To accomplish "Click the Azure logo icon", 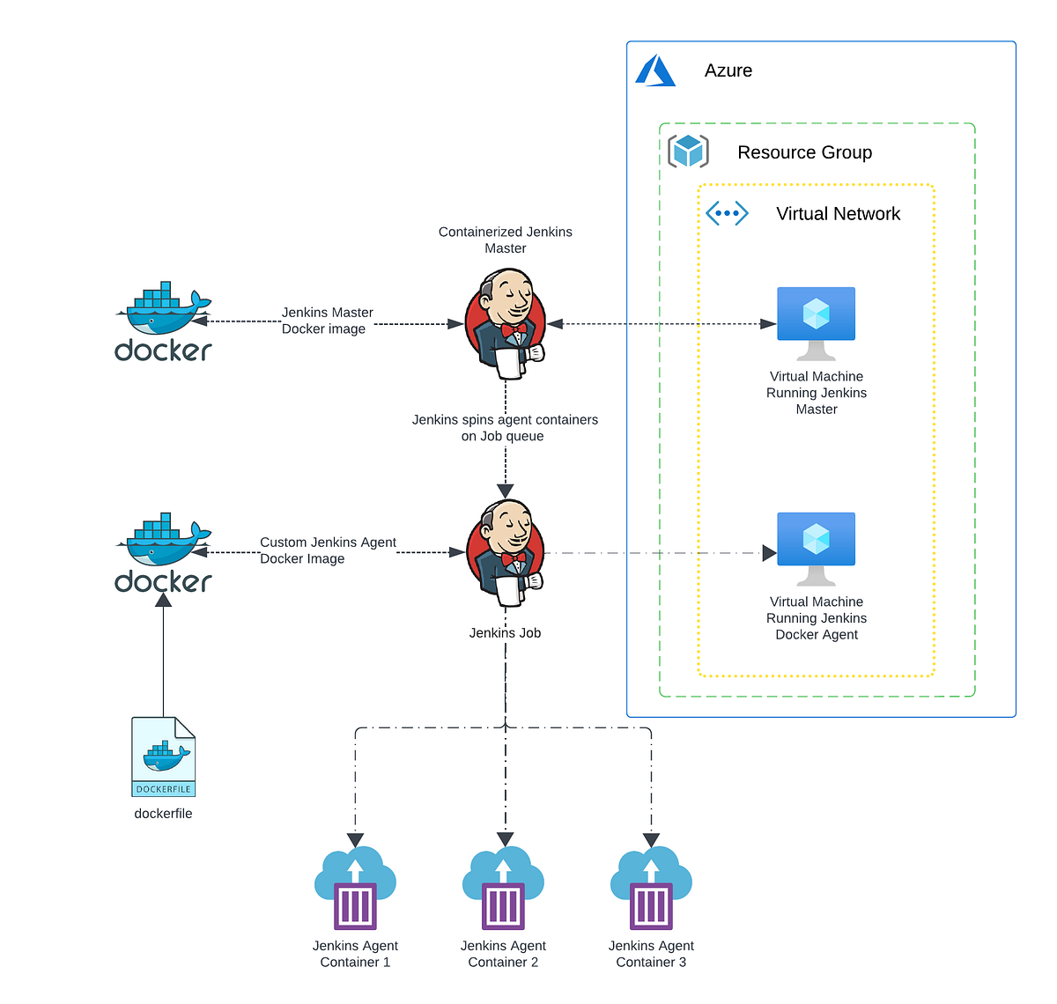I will point(655,70).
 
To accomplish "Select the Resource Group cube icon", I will point(688,151).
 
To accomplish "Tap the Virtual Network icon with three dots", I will point(727,213).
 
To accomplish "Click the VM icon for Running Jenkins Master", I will point(816,321).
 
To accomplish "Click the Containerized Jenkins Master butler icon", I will point(506,323).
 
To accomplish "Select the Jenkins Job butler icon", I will point(506,553).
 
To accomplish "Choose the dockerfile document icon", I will point(164,757).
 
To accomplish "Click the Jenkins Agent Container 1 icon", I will point(355,889).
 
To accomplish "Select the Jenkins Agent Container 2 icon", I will point(503,889).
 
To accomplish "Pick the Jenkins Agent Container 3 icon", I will point(651,889).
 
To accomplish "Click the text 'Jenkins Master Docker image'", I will point(327,321).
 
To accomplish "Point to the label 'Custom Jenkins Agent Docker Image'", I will point(328,550).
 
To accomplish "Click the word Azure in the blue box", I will point(728,70).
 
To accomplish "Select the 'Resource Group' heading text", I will point(804,152).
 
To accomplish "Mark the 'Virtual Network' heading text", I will point(838,214).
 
